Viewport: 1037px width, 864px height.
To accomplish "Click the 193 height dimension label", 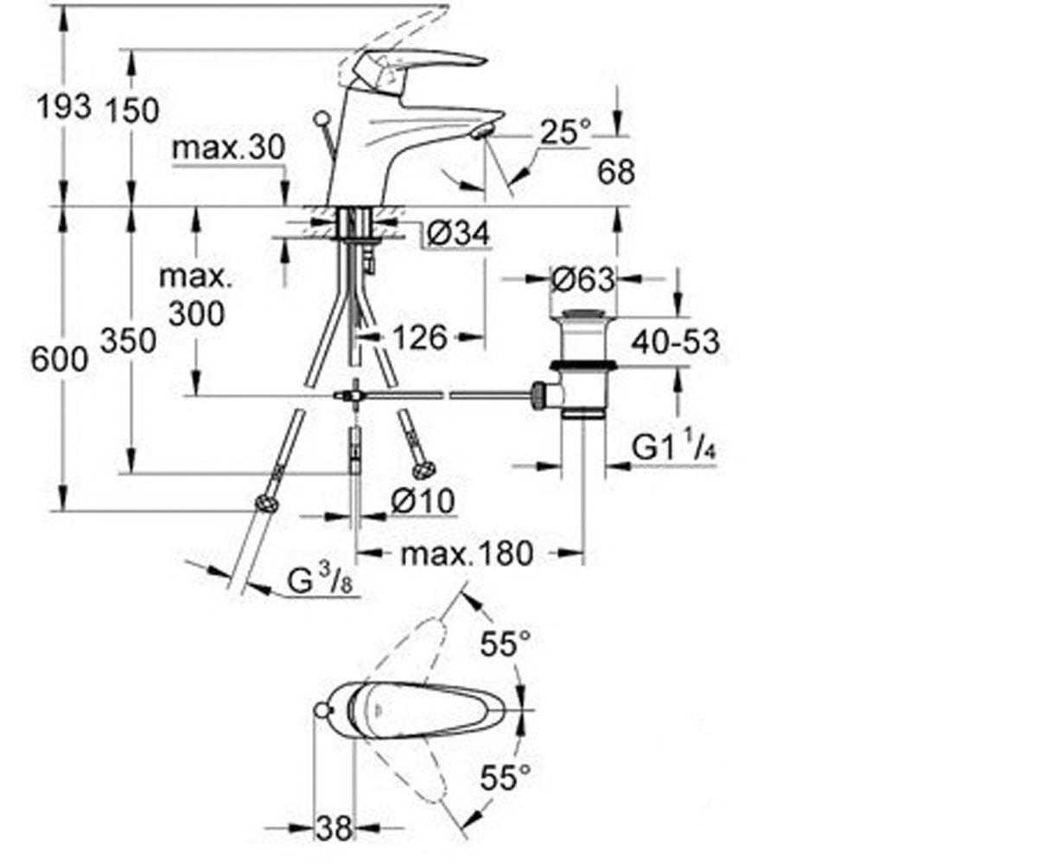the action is click(65, 107).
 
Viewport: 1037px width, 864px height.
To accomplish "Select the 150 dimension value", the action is click(132, 110).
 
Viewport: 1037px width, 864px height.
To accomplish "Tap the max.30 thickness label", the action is click(229, 147).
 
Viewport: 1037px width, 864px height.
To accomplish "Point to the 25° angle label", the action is click(566, 131).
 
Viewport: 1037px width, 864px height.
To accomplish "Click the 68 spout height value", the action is click(616, 172).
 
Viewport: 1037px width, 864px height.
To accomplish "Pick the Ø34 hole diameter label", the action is click(458, 232).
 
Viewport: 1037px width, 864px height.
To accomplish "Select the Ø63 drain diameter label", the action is click(582, 279).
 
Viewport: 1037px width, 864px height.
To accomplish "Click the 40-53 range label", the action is click(676, 341).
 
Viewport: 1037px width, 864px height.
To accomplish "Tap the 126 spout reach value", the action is click(420, 338).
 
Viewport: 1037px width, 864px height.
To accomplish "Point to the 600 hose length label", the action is click(60, 359).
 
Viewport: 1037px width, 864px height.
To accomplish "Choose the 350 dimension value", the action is click(129, 341).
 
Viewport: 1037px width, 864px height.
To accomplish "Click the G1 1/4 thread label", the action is click(674, 447).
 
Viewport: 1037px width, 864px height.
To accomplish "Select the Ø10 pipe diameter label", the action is click(423, 500).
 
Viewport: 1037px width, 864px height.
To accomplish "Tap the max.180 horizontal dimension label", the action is click(467, 553).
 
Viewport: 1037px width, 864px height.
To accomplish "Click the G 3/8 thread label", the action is click(320, 581).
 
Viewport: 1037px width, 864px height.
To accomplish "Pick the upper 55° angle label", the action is click(506, 644).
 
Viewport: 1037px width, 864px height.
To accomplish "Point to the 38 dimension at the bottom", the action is click(334, 828).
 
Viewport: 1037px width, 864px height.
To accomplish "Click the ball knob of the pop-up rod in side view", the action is click(322, 120).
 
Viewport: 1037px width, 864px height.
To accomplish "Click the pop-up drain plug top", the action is click(582, 314).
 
